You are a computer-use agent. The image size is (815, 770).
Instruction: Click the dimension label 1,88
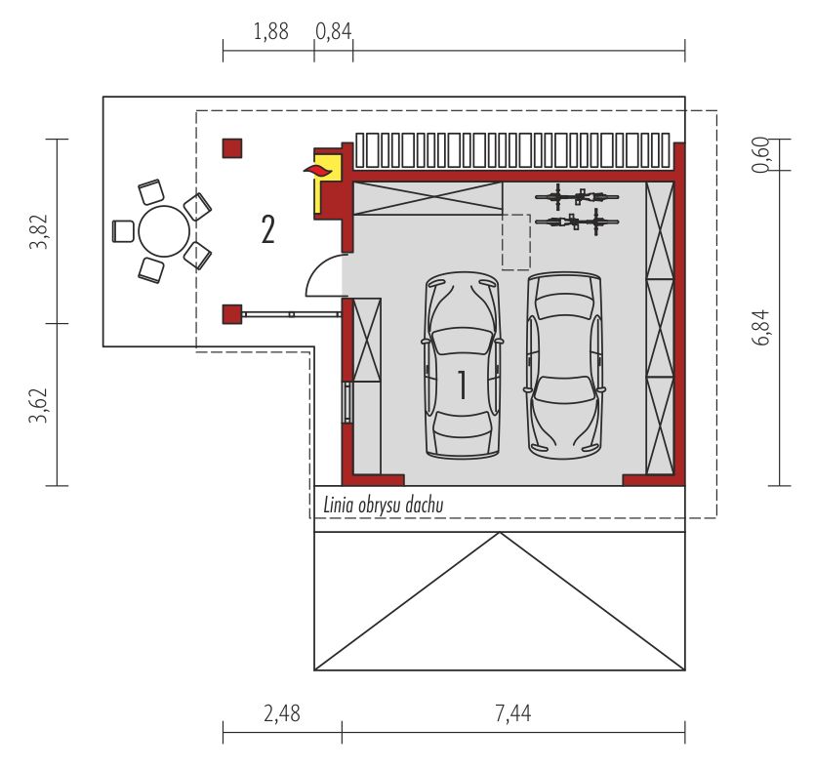point(270,31)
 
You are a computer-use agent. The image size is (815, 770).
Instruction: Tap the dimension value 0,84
point(333,31)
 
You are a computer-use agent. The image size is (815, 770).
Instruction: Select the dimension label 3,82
point(39,231)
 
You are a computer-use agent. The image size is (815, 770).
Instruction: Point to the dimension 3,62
point(39,404)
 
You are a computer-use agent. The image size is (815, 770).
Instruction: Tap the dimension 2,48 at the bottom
point(281,713)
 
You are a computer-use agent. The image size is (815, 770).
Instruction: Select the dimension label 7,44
point(512,713)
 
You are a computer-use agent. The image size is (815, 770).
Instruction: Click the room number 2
point(267,229)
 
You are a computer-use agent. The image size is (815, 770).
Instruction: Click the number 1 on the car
point(462,385)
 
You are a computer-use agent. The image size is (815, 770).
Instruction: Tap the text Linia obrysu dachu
point(384,505)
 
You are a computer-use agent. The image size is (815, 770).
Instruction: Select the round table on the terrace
point(163,230)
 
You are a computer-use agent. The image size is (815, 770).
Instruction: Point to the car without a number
point(564,364)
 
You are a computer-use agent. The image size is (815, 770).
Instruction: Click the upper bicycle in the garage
point(576,196)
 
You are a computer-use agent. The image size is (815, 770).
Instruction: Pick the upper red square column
point(232,148)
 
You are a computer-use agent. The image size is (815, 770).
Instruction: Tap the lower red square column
point(232,314)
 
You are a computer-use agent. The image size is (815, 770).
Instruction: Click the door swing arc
point(322,273)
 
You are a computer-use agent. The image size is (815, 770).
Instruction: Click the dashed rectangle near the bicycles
point(515,241)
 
